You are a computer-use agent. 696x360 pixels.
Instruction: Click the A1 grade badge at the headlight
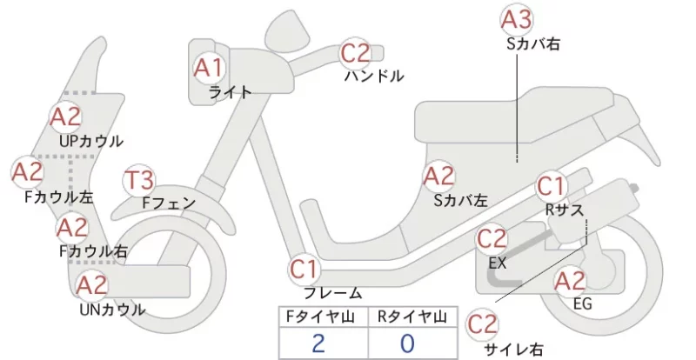pyautogui.click(x=209, y=68)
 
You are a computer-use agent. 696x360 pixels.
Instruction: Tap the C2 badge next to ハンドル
pyautogui.click(x=355, y=52)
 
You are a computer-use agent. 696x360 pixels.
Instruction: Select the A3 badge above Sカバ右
pyautogui.click(x=517, y=19)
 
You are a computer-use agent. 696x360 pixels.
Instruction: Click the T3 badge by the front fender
pyautogui.click(x=138, y=181)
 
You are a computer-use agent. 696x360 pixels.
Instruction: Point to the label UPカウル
pyautogui.click(x=91, y=141)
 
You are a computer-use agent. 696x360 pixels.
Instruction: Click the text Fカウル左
pyautogui.click(x=58, y=197)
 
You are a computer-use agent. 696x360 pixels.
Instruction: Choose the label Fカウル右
pyautogui.click(x=93, y=251)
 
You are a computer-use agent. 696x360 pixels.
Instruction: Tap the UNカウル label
pyautogui.click(x=112, y=310)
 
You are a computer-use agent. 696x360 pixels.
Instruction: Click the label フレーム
pyautogui.click(x=333, y=293)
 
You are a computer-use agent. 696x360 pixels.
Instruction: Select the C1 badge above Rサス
pyautogui.click(x=551, y=186)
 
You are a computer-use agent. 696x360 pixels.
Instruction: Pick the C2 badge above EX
pyautogui.click(x=492, y=239)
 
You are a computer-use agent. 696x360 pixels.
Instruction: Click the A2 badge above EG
pyautogui.click(x=570, y=282)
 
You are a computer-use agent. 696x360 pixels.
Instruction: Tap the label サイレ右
pyautogui.click(x=513, y=350)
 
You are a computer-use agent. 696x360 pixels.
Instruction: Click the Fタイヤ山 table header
pyautogui.click(x=320, y=317)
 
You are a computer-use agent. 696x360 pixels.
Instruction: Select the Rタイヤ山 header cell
pyautogui.click(x=412, y=317)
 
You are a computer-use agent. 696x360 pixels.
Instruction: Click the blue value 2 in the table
pyautogui.click(x=318, y=343)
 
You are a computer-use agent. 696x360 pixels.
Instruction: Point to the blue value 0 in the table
pyautogui.click(x=407, y=343)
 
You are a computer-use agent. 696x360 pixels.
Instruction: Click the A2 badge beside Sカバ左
pyautogui.click(x=439, y=177)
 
